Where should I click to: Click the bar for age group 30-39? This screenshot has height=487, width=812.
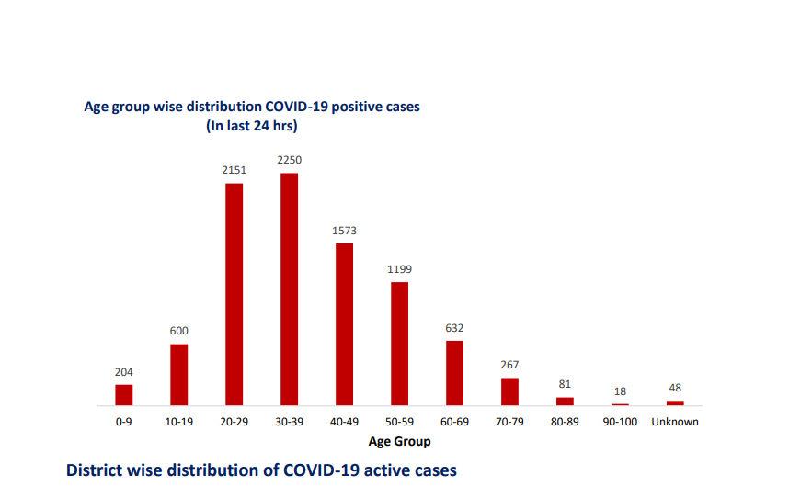289,289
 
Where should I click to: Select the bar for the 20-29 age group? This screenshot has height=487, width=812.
234,294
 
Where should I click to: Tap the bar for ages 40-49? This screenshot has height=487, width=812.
344,324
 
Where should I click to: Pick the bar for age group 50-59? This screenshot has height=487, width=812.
399,344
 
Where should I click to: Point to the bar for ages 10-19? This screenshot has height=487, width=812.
178,375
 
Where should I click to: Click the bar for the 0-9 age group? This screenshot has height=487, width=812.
124,395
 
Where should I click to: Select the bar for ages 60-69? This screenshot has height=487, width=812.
454,373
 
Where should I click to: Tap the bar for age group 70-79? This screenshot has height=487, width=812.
509,391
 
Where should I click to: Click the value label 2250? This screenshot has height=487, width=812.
289,160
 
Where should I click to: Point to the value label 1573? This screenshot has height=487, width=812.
344,230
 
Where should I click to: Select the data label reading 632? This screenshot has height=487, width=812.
454,327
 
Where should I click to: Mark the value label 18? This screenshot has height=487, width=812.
620,391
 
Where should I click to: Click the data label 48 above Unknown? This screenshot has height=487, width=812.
675,388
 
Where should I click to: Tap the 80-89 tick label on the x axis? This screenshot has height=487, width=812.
565,422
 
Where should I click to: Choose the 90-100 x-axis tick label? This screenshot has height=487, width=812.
620,422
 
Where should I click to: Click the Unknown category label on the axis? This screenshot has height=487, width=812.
675,422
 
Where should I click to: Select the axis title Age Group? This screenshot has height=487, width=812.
399,441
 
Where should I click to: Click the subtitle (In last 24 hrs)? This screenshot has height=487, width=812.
252,125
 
